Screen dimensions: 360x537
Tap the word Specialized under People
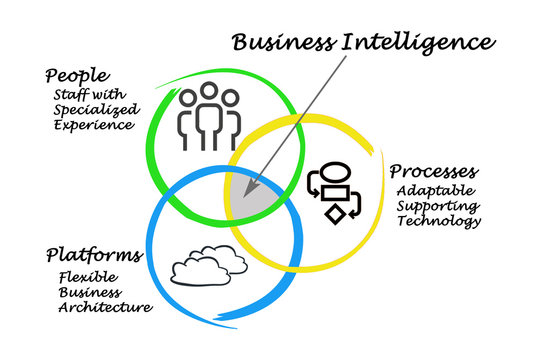(92, 109)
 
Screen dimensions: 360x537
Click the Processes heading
(432, 171)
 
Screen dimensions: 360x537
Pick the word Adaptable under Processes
(436, 190)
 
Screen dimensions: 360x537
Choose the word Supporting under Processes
(438, 206)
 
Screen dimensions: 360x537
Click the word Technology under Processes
(438, 221)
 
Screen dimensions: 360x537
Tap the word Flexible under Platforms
(84, 277)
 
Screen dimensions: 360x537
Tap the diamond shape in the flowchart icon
(334, 212)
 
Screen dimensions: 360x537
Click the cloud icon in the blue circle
(209, 267)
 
